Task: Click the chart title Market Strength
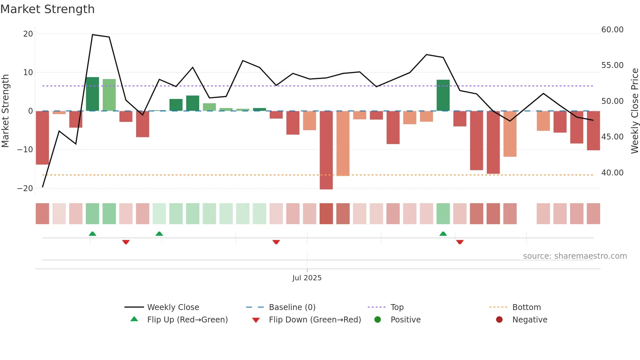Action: (x=48, y=9)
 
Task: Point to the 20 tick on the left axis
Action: (x=28, y=34)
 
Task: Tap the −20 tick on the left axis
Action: (x=25, y=188)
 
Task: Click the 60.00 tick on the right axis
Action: (x=612, y=30)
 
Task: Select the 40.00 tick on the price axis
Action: (x=612, y=173)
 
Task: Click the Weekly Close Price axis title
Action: (x=634, y=111)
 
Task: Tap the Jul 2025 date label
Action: (x=307, y=278)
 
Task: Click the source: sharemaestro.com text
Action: (x=575, y=256)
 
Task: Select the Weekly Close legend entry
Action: (x=173, y=307)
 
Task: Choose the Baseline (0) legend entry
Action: (x=292, y=307)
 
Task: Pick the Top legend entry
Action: (x=397, y=307)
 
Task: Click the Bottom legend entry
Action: (x=526, y=307)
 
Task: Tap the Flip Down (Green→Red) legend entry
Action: (x=314, y=320)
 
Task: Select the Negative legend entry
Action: (x=529, y=320)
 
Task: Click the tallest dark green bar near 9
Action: (x=92, y=94)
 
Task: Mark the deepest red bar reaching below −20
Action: (x=326, y=150)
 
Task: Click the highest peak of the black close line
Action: (x=92, y=35)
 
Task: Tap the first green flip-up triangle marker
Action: (x=92, y=234)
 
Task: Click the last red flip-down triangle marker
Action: (x=460, y=242)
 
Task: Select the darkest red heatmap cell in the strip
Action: (x=326, y=214)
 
